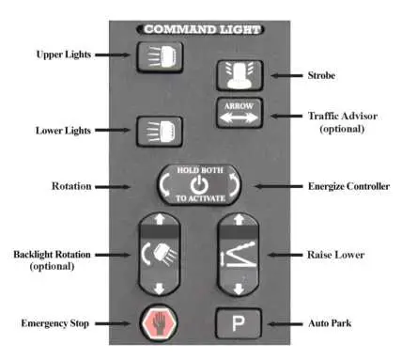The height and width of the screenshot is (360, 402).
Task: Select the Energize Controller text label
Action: click(348, 187)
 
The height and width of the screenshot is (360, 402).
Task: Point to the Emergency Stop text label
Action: click(56, 324)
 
